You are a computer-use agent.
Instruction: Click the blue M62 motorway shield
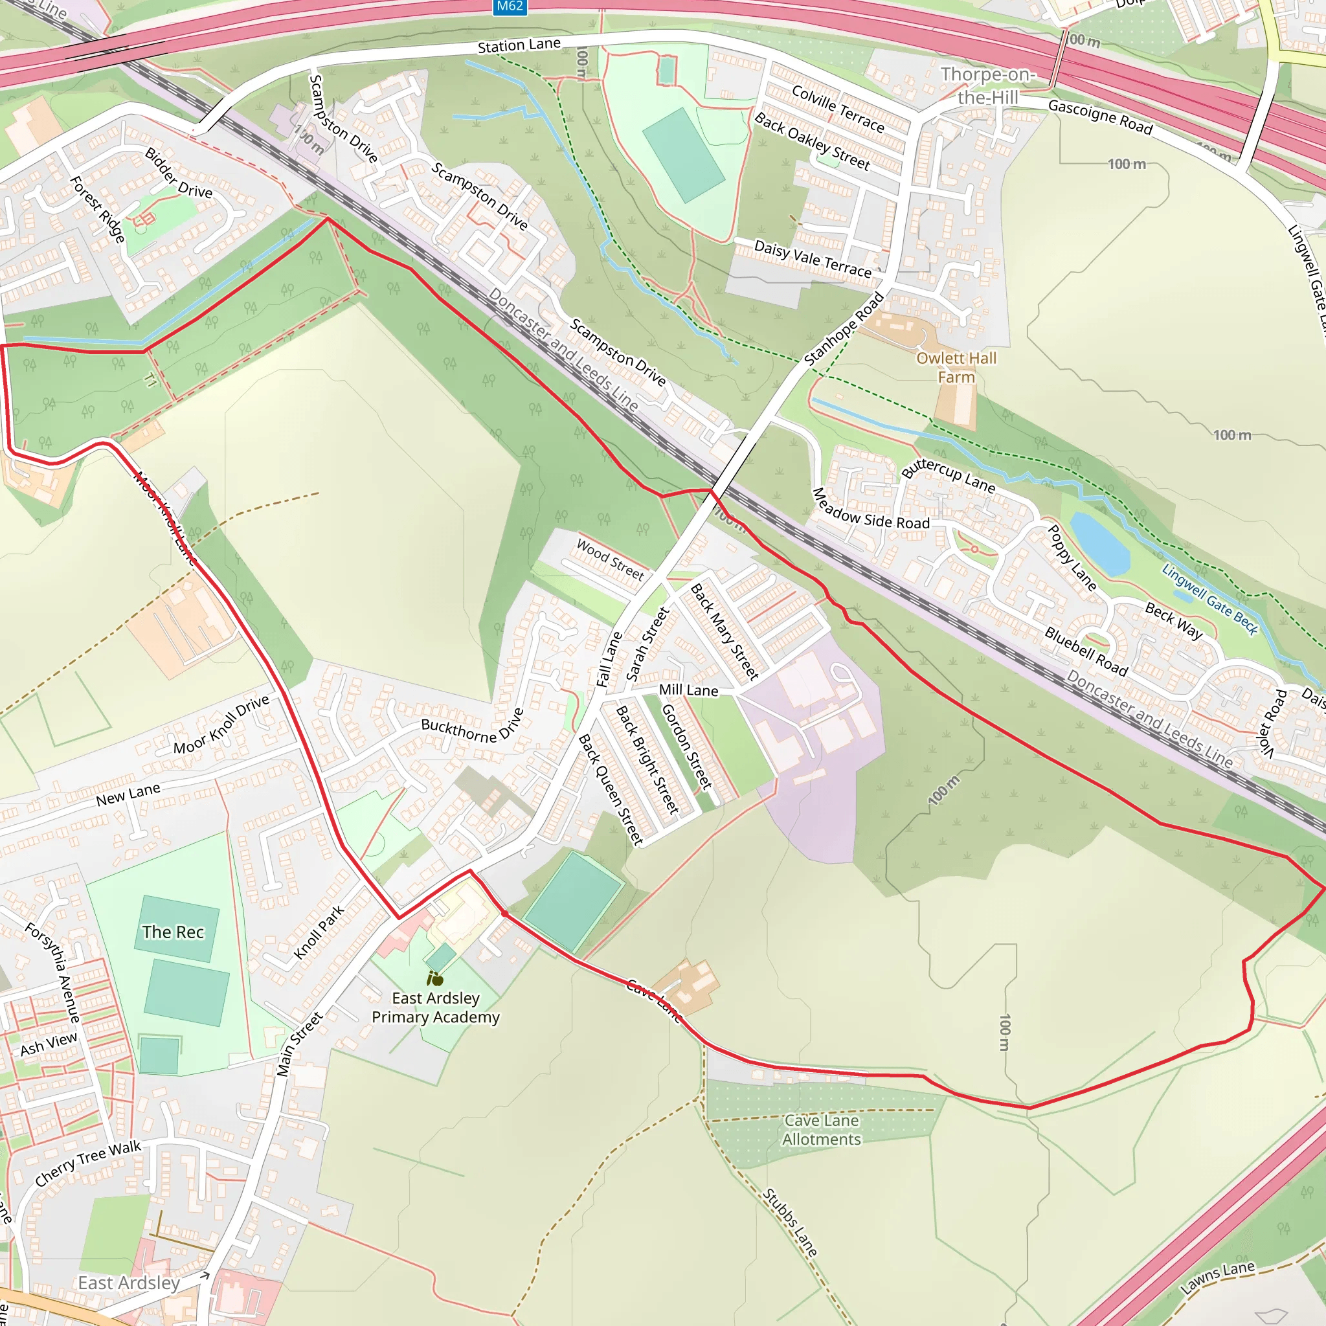click(x=510, y=7)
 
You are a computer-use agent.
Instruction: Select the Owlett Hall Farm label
click(x=956, y=367)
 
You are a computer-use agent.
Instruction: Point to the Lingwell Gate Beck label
click(x=1209, y=599)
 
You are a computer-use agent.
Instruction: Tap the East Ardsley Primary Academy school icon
click(x=434, y=979)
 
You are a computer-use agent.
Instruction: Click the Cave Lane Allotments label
click(x=821, y=1130)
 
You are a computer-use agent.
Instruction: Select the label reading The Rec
click(x=173, y=932)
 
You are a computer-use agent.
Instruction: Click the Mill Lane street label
click(x=688, y=690)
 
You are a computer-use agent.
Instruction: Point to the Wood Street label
click(x=610, y=559)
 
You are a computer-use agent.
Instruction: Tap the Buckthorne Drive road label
click(x=472, y=728)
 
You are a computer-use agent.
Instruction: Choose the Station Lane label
click(x=519, y=46)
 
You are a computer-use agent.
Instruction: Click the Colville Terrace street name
click(x=837, y=108)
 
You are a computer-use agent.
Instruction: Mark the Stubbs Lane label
click(x=789, y=1222)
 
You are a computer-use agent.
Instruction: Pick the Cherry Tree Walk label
click(x=88, y=1163)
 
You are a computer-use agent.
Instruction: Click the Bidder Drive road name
click(x=179, y=173)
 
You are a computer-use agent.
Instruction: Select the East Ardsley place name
click(x=129, y=1283)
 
